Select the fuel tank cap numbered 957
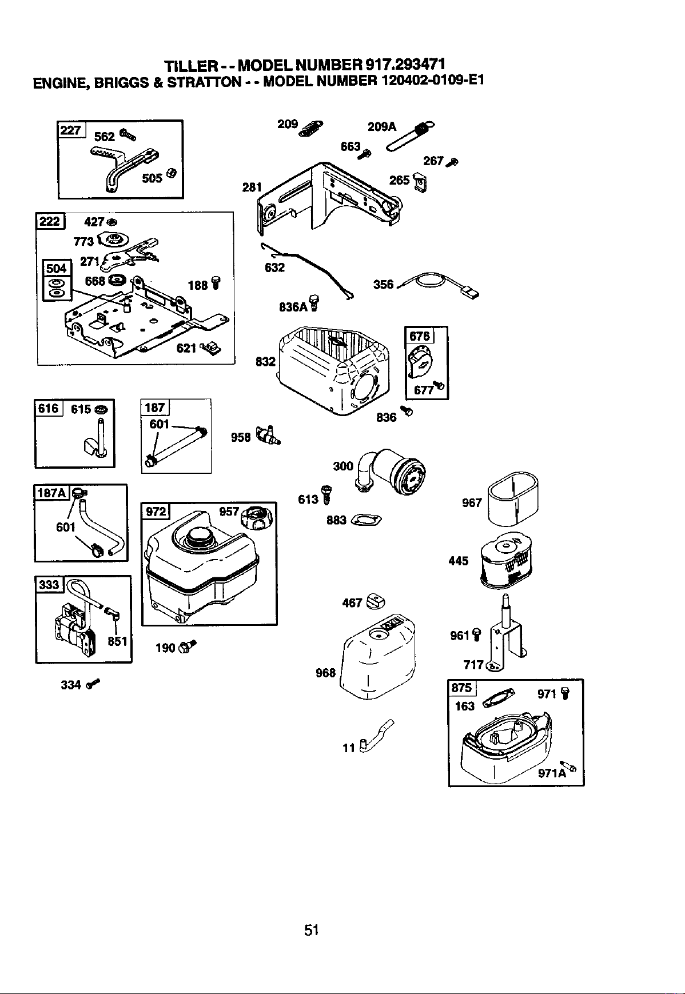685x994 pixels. point(259,518)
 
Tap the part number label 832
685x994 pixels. point(265,362)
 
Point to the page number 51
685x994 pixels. point(311,930)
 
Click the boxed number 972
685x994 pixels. point(156,511)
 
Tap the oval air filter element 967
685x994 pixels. point(513,498)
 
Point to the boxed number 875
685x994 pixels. point(461,688)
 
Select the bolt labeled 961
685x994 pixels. point(478,634)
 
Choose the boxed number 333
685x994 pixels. point(49,584)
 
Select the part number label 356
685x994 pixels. point(383,284)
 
